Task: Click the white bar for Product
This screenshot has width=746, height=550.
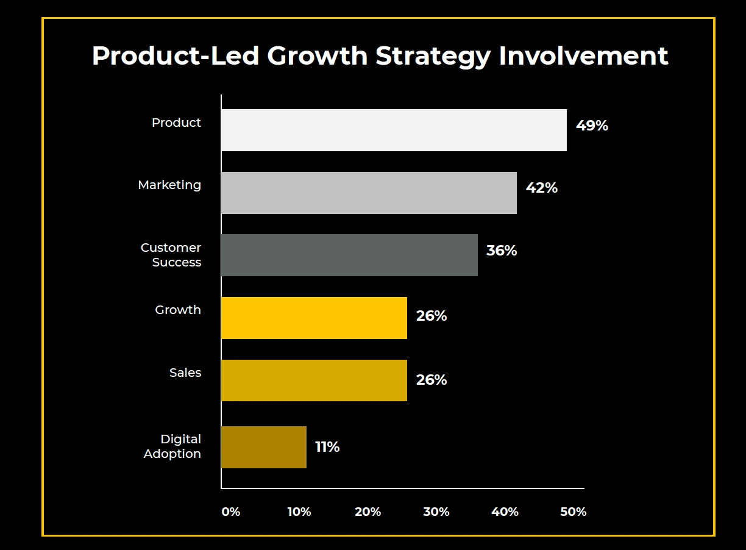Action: click(x=394, y=130)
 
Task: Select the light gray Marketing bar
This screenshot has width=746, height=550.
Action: click(x=369, y=193)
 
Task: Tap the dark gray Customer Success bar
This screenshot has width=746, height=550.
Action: click(x=349, y=255)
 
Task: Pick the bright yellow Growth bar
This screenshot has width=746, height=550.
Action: click(x=314, y=318)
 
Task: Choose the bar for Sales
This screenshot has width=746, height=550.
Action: click(x=314, y=380)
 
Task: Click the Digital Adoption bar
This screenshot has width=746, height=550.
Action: click(x=264, y=447)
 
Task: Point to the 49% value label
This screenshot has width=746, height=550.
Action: click(x=592, y=126)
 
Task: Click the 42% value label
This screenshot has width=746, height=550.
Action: click(x=541, y=188)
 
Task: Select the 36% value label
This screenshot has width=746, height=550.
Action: click(x=501, y=251)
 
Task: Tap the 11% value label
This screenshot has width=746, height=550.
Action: click(x=327, y=447)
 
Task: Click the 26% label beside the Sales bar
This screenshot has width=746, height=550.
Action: click(x=431, y=380)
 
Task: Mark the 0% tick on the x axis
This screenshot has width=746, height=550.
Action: click(x=231, y=512)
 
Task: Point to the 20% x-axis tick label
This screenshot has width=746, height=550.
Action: click(x=368, y=512)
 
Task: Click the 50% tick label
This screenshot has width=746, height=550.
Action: click(x=573, y=512)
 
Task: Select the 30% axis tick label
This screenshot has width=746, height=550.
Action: click(x=436, y=512)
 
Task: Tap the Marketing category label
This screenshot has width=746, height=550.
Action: click(x=169, y=185)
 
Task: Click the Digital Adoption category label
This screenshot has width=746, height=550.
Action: click(x=172, y=446)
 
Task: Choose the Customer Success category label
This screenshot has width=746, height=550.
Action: click(x=171, y=255)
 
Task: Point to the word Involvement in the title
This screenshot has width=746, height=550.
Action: click(x=583, y=55)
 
